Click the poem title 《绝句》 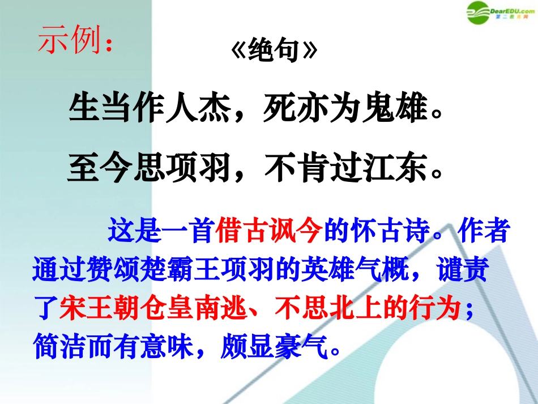point(272,53)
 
